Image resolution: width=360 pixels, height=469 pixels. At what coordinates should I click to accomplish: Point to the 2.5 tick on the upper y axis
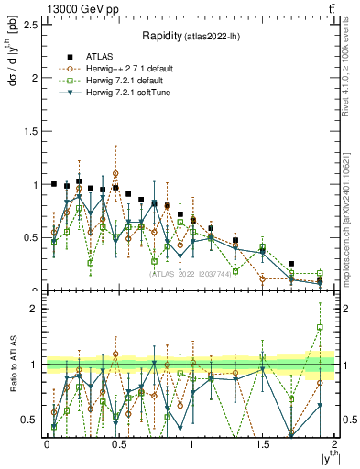tap(31, 24)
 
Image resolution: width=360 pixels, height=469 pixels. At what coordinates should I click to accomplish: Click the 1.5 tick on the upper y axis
tap(31, 131)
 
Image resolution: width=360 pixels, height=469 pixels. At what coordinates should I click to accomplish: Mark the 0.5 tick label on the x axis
tap(118, 443)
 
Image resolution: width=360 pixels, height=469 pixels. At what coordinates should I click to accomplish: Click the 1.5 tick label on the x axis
tap(262, 443)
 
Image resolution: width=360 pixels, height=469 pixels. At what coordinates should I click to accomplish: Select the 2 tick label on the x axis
tap(334, 443)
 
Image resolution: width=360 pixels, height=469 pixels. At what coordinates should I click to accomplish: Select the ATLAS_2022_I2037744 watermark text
tap(191, 274)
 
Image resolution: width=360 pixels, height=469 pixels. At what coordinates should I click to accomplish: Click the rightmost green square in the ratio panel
tap(320, 327)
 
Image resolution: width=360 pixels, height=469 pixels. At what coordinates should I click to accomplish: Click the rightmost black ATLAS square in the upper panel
tap(320, 279)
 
